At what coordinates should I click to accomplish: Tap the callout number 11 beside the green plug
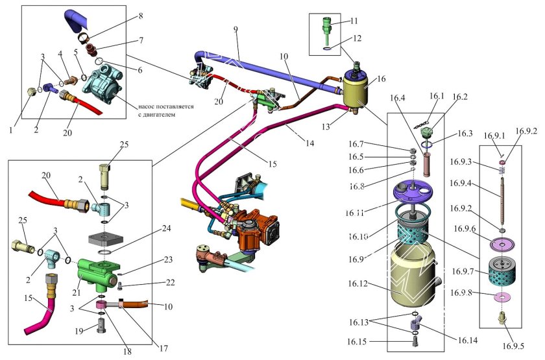coord(355,21)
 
